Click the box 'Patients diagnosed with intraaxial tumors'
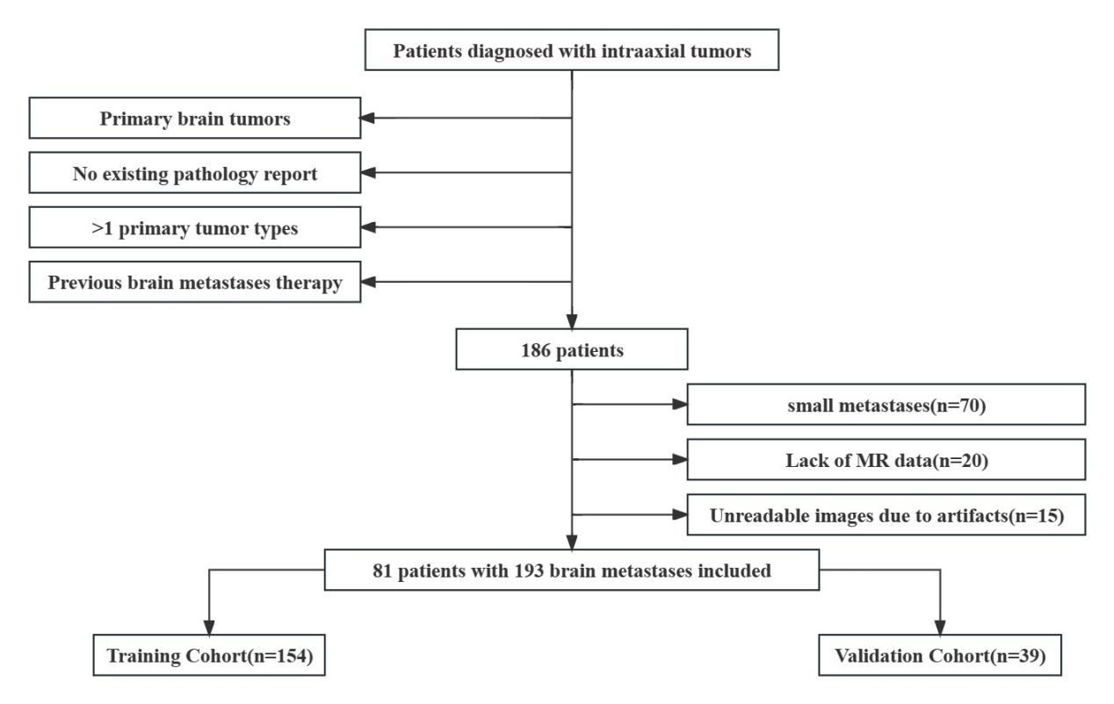pyautogui.click(x=572, y=50)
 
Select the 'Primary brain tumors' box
pyautogui.click(x=195, y=118)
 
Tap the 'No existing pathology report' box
pyautogui.click(x=195, y=173)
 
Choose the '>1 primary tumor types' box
pyautogui.click(x=195, y=227)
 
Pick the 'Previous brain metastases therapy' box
pyautogui.click(x=195, y=282)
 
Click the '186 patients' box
pyautogui.click(x=572, y=349)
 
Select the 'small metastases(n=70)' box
pyautogui.click(x=886, y=405)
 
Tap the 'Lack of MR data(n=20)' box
pyautogui.click(x=886, y=460)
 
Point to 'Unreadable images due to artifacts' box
pyautogui.click(x=886, y=514)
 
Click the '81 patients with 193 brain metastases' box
pyautogui.click(x=572, y=570)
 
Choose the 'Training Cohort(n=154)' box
pyautogui.click(x=209, y=656)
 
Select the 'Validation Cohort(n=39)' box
pyautogui.click(x=940, y=656)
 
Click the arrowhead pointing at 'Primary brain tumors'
pyautogui.click(x=367, y=119)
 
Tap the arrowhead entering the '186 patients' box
pyautogui.click(x=572, y=321)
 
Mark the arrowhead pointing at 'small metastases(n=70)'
pyautogui.click(x=680, y=405)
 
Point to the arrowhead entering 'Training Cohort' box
pyautogui.click(x=209, y=628)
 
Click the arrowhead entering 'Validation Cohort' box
pyautogui.click(x=940, y=628)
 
